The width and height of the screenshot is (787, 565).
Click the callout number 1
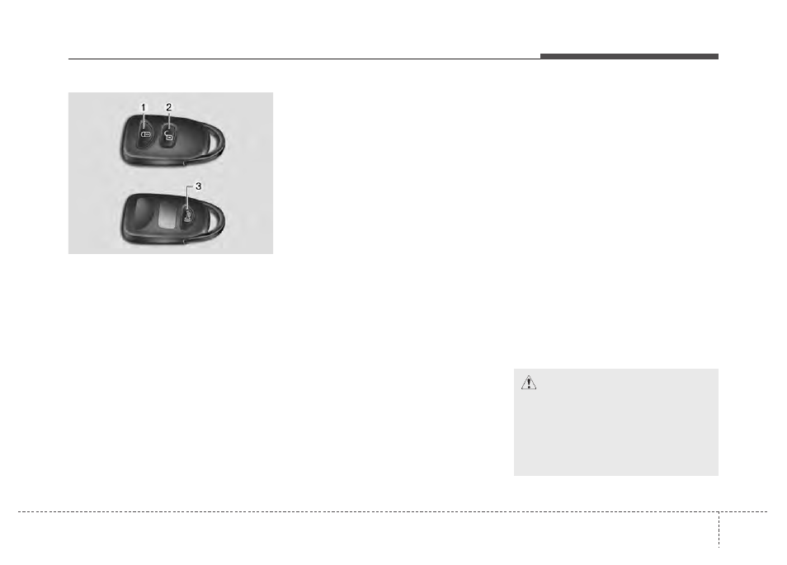[143, 107]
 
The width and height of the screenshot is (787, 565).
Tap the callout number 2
[168, 107]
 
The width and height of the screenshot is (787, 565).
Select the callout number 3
[198, 186]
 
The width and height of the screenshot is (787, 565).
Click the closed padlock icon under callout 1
[145, 134]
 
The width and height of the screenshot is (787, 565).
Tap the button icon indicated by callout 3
[188, 217]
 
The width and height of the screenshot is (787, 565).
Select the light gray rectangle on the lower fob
[168, 219]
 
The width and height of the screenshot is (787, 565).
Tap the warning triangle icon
[529, 383]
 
